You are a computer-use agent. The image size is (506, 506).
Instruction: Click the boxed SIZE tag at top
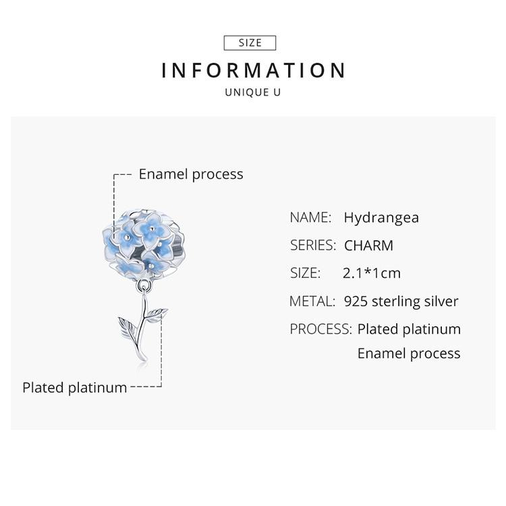click(250, 43)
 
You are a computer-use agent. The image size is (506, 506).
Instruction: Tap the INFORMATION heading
click(254, 70)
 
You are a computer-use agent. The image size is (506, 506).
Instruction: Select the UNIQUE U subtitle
click(252, 92)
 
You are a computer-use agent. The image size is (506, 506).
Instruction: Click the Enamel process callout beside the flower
click(191, 174)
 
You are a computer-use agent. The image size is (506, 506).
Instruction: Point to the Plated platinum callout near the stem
click(74, 387)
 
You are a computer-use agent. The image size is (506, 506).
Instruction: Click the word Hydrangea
click(381, 217)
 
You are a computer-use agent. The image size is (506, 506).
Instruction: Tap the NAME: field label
click(310, 217)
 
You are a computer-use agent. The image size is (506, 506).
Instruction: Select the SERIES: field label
click(313, 246)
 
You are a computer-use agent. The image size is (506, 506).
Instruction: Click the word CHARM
click(368, 246)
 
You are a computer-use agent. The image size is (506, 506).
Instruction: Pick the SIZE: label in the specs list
click(305, 273)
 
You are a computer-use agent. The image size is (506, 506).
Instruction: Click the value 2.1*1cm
click(371, 273)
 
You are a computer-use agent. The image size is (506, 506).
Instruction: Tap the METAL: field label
click(312, 302)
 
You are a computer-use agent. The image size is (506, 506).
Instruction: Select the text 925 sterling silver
click(401, 302)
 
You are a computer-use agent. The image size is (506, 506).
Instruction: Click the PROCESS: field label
click(320, 329)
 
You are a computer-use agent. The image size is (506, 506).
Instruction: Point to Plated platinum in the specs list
click(409, 329)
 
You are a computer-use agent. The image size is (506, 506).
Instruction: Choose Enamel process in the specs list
click(409, 354)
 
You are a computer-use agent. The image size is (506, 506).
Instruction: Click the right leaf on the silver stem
click(157, 313)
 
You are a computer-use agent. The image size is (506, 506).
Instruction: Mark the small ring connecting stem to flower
click(142, 287)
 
